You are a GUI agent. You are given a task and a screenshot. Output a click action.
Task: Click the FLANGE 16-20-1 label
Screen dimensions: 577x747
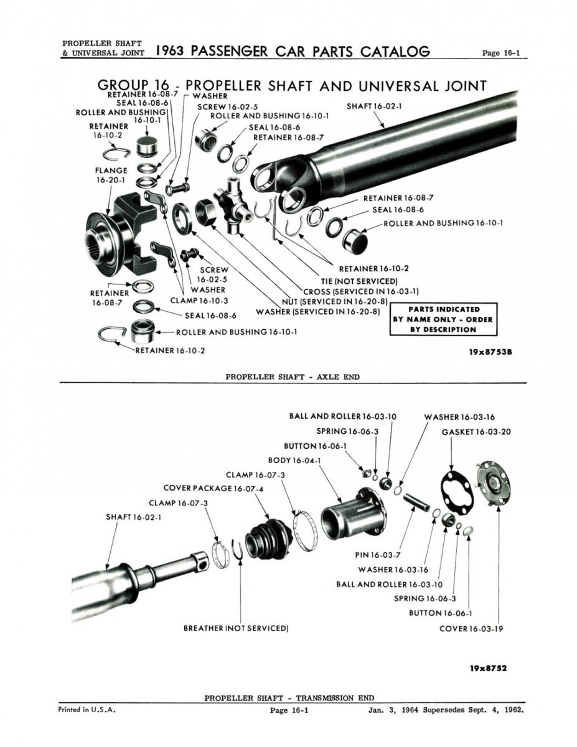point(111,175)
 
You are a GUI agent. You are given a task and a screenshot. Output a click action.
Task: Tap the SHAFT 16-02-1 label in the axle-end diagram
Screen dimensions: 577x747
point(374,106)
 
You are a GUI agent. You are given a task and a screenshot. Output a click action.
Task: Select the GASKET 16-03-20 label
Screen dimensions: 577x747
point(476,431)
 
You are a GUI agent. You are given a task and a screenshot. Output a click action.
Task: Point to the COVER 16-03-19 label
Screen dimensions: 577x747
point(471,629)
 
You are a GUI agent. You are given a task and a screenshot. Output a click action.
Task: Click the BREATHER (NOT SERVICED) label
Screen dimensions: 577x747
point(236,628)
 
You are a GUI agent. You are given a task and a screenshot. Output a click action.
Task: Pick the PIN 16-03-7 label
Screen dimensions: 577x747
point(378,555)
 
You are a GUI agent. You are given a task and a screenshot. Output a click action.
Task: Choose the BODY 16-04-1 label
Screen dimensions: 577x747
point(294,460)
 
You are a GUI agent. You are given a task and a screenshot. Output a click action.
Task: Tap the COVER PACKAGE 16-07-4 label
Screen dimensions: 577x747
point(213,488)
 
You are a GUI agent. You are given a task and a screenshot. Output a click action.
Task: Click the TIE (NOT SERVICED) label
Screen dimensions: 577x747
point(359,281)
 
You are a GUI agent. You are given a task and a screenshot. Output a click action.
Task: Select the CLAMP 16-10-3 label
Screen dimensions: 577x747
point(199,301)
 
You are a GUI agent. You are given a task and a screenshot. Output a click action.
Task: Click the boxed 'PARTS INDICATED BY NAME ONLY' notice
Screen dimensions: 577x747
point(443,319)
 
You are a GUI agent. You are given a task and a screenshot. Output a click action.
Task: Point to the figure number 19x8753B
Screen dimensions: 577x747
point(490,352)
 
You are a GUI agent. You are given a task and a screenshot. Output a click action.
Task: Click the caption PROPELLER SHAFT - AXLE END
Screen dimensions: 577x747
point(293,377)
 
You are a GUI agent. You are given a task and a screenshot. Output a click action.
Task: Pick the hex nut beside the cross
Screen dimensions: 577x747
point(205,212)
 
